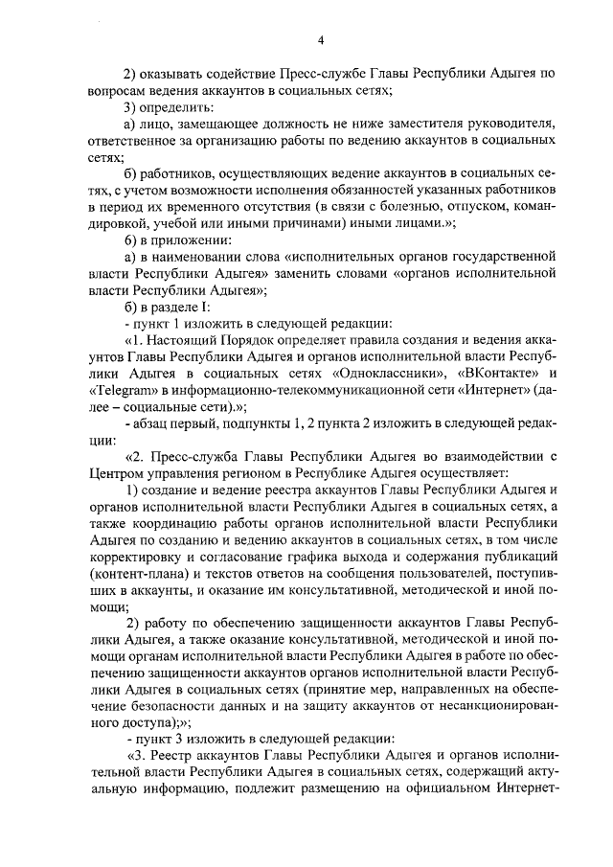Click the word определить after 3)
pos(183,106)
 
